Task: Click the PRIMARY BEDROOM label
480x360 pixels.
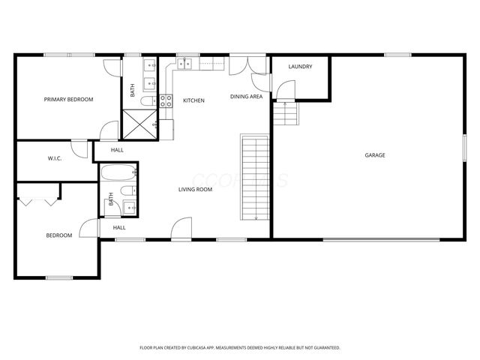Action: [x=68, y=99]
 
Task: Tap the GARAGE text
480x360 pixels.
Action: [x=375, y=155]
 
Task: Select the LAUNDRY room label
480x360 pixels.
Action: [x=300, y=67]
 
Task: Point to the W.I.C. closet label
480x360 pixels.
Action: [x=54, y=158]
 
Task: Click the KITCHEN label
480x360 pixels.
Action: [x=194, y=100]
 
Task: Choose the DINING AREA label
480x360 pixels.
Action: [x=246, y=97]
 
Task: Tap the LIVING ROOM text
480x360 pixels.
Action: [x=195, y=190]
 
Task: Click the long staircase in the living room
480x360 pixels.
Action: [x=254, y=177]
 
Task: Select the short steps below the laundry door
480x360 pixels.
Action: [x=285, y=115]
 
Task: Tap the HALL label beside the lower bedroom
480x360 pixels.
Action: [x=119, y=227]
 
